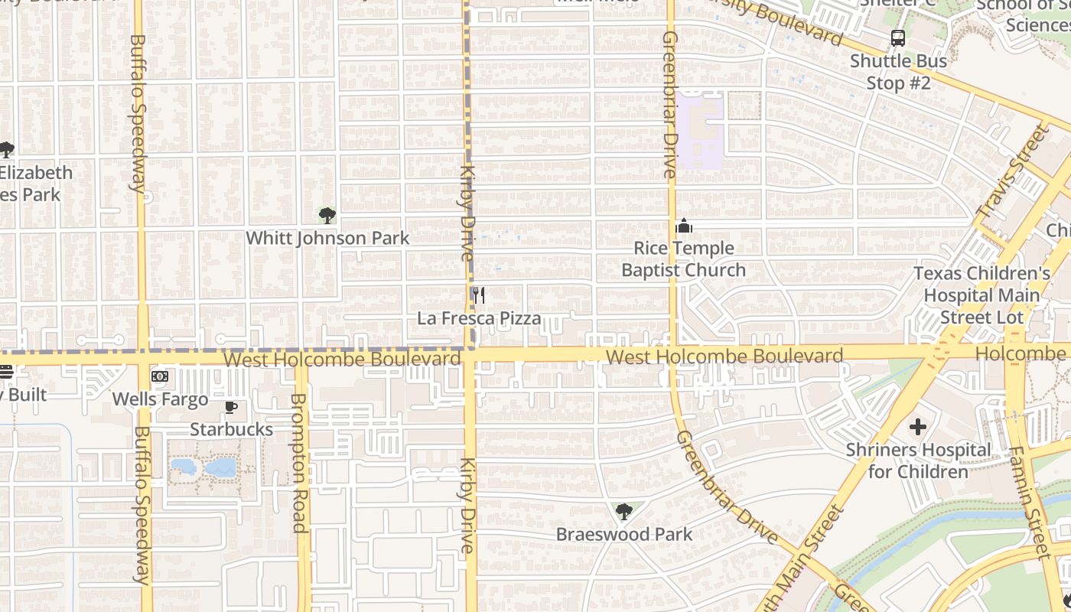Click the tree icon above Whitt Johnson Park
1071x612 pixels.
327,216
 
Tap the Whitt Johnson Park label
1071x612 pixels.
327,239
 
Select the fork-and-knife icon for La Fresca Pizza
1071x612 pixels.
478,295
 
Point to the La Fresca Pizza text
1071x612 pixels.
479,318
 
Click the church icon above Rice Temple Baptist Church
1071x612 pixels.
684,226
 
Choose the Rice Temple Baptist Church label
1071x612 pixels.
683,259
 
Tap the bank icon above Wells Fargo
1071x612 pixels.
160,376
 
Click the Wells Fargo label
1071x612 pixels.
160,399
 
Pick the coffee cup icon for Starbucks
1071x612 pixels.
231,407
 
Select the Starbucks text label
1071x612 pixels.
231,429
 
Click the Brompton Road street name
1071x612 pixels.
299,463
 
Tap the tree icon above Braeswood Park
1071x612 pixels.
624,511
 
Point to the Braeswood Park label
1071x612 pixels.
624,534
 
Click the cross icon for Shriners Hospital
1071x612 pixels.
918,427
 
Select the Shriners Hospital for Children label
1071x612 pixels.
918,461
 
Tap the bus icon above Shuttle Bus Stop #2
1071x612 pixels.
898,38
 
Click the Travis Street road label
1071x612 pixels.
1014,172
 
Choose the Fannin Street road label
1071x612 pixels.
1030,501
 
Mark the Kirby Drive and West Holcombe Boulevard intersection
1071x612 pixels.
470,354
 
